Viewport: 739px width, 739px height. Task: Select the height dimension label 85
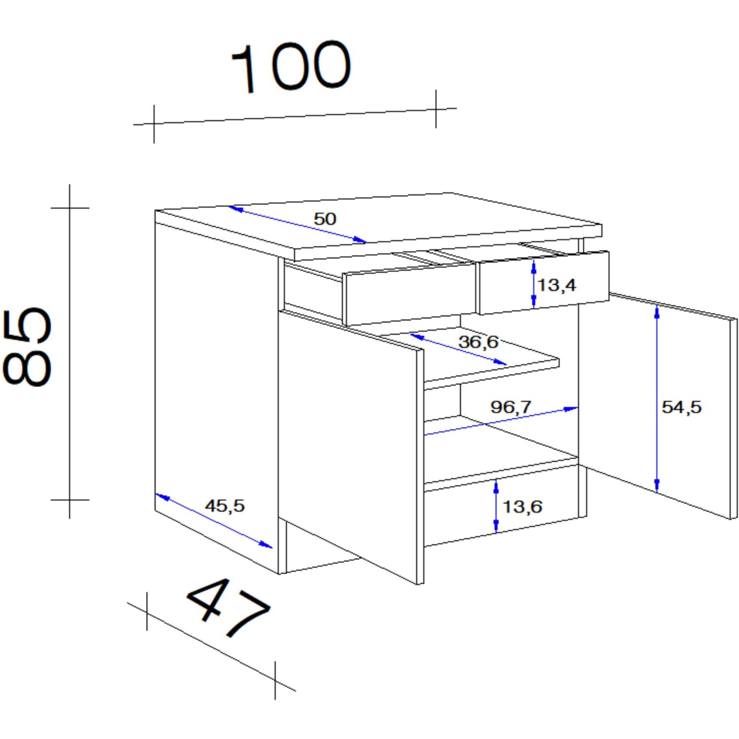[27, 347]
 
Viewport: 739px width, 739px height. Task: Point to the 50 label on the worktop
[325, 219]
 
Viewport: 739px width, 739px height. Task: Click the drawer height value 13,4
[557, 285]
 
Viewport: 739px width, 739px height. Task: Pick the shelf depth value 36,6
[478, 341]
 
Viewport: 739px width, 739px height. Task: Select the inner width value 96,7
[511, 407]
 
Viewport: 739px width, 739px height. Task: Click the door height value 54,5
[681, 407]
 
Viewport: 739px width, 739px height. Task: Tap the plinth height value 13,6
[522, 506]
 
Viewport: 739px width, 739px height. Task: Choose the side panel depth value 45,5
[225, 505]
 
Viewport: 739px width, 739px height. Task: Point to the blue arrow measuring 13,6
[496, 506]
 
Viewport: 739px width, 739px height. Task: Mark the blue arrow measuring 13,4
[534, 284]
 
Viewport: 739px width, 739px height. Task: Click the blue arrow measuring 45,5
[214, 521]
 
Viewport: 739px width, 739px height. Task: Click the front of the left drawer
[409, 296]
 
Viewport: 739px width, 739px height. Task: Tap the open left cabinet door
[350, 443]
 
